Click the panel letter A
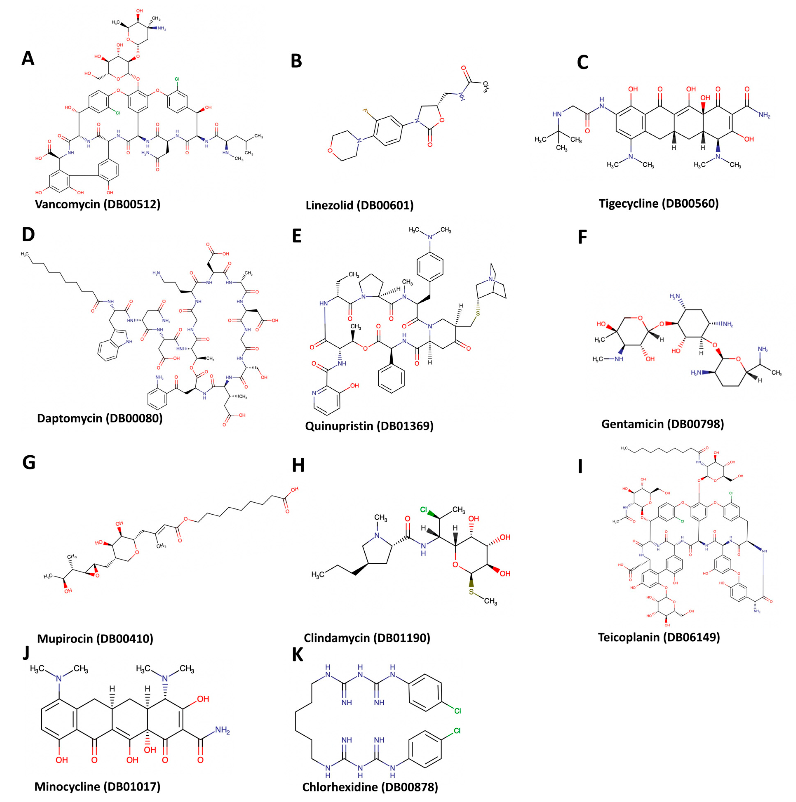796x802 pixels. pyautogui.click(x=28, y=59)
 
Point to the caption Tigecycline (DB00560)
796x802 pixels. pyautogui.click(x=659, y=203)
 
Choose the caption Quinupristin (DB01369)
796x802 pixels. pyautogui.click(x=369, y=426)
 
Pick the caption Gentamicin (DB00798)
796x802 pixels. pyautogui.click(x=662, y=424)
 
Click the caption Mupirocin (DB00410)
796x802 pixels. pyautogui.click(x=95, y=639)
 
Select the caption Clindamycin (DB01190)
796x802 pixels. pyautogui.click(x=367, y=638)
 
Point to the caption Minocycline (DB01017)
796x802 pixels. pyautogui.click(x=97, y=787)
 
